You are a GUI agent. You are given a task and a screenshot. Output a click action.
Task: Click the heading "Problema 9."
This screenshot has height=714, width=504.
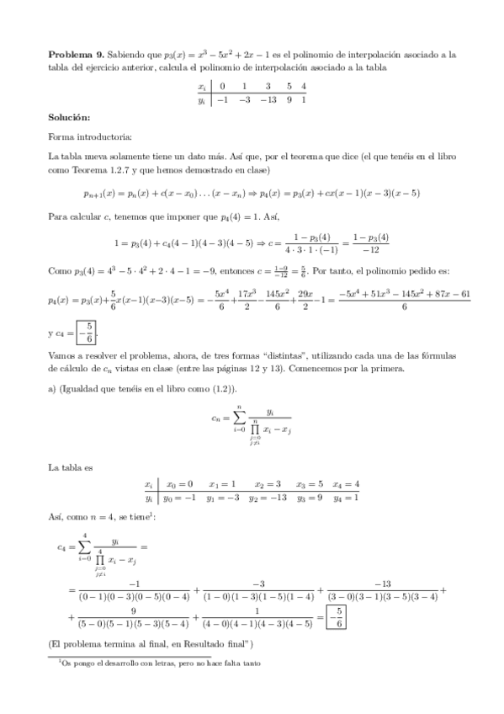[x=75, y=54]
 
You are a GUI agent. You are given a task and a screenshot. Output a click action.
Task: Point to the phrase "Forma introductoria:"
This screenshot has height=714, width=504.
[x=89, y=136]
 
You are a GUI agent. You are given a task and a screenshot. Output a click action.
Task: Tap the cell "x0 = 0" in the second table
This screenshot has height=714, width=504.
[x=179, y=484]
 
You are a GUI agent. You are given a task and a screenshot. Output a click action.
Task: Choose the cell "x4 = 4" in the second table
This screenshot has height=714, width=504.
[x=347, y=484]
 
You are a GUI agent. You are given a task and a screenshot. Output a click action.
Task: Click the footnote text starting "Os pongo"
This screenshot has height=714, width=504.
[x=160, y=663]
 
